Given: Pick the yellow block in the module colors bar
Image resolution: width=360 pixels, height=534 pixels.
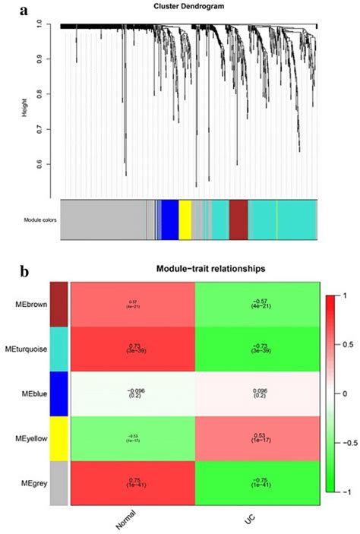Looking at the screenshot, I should pos(185,220).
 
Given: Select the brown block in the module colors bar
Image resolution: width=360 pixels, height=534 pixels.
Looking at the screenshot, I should pos(238,220).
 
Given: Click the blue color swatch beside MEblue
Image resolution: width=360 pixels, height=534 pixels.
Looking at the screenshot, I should pos(58,394).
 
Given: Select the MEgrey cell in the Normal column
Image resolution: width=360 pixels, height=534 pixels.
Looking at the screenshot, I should pos(132,484).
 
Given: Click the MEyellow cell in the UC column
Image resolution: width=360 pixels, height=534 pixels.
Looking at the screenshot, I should pos(258,439).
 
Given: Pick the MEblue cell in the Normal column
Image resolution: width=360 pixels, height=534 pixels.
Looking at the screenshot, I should pos(132,394).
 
